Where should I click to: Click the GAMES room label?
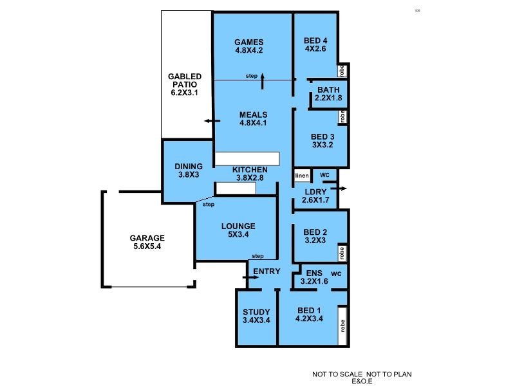[x=248, y=41]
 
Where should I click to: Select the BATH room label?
[x=328, y=89]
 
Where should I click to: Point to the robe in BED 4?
[x=342, y=71]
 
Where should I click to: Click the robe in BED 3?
[x=342, y=117]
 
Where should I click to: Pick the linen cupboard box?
[x=302, y=176]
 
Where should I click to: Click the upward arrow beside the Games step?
[x=263, y=80]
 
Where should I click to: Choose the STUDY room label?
[x=256, y=312]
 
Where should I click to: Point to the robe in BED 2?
[x=342, y=252]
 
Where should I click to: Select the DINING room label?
[x=189, y=166]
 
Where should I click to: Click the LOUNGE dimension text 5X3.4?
[x=238, y=235]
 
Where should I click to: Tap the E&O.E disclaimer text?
[x=362, y=381]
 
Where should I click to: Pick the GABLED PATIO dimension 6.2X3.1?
[x=185, y=93]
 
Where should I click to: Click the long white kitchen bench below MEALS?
[x=247, y=158]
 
